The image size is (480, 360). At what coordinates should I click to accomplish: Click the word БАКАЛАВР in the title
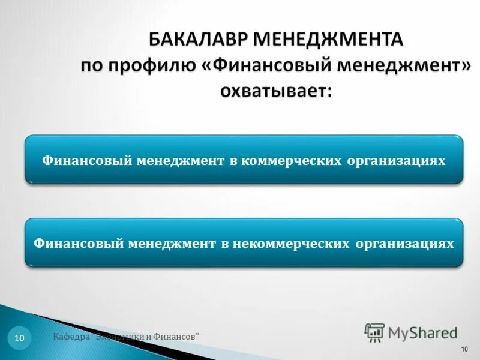click(x=198, y=40)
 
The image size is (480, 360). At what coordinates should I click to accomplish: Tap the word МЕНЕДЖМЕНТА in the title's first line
click(x=329, y=40)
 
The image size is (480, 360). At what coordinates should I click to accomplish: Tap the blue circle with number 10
click(x=19, y=339)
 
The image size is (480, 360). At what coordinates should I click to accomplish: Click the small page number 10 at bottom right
click(x=464, y=349)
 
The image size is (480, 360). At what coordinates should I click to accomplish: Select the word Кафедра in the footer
click(x=71, y=337)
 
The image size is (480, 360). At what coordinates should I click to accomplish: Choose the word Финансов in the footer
click(x=178, y=337)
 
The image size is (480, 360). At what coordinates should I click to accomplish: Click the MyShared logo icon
click(x=374, y=332)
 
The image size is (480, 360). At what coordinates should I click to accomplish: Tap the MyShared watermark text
click(x=422, y=332)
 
